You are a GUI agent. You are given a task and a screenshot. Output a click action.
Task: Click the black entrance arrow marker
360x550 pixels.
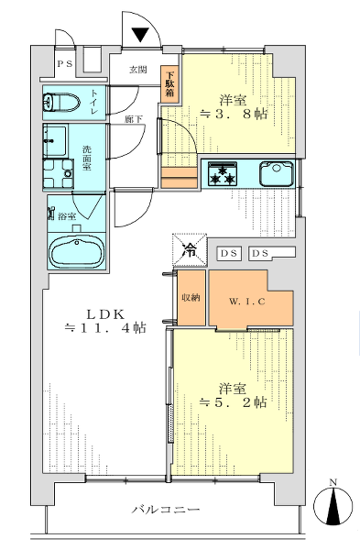tap(140, 35)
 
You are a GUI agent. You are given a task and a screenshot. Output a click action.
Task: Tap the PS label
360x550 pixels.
tap(65, 64)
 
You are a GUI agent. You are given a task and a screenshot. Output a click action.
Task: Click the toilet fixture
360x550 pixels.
tap(60, 103)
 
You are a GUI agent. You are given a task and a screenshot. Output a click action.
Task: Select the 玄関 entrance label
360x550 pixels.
tap(138, 71)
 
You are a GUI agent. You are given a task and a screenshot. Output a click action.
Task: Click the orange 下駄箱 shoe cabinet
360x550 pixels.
tap(170, 84)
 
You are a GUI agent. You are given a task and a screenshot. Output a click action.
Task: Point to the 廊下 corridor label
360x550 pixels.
tap(134, 119)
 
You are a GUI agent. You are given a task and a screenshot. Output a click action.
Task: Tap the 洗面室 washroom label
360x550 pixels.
tap(87, 158)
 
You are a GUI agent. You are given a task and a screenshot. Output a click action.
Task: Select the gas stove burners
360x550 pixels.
tap(222, 174)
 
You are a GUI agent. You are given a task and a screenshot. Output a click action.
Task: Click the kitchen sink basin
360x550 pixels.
tap(277, 173)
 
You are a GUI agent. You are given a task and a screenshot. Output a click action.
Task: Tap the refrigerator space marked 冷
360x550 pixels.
tap(190, 249)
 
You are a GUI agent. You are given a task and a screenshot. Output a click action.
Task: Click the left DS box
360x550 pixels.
tap(229, 253)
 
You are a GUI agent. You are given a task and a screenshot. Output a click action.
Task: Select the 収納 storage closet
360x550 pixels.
tap(191, 298)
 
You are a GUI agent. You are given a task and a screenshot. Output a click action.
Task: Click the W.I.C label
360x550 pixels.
tap(247, 302)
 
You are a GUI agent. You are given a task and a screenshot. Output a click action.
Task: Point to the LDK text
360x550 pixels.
tap(105, 314)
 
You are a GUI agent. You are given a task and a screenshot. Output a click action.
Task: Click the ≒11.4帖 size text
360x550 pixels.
tap(105, 328)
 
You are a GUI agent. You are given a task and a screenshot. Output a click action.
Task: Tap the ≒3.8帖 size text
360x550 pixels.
tap(235, 115)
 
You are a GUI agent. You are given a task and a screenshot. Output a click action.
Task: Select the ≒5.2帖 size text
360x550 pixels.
tap(233, 402)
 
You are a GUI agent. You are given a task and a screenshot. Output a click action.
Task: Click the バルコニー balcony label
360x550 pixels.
tap(166, 509)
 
